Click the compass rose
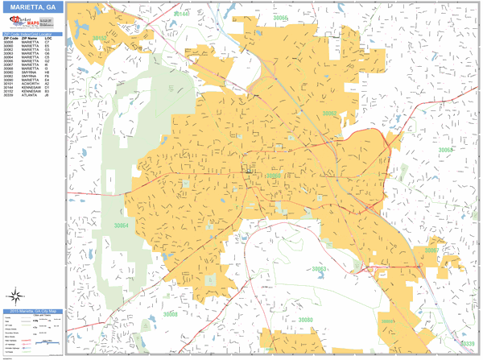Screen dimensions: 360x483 coord(18,295)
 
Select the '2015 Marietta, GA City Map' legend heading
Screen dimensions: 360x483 coord(32,310)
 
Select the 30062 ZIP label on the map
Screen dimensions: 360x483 coord(329,114)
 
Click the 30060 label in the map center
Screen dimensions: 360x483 coord(274,175)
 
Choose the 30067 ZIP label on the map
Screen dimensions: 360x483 coord(432,250)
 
